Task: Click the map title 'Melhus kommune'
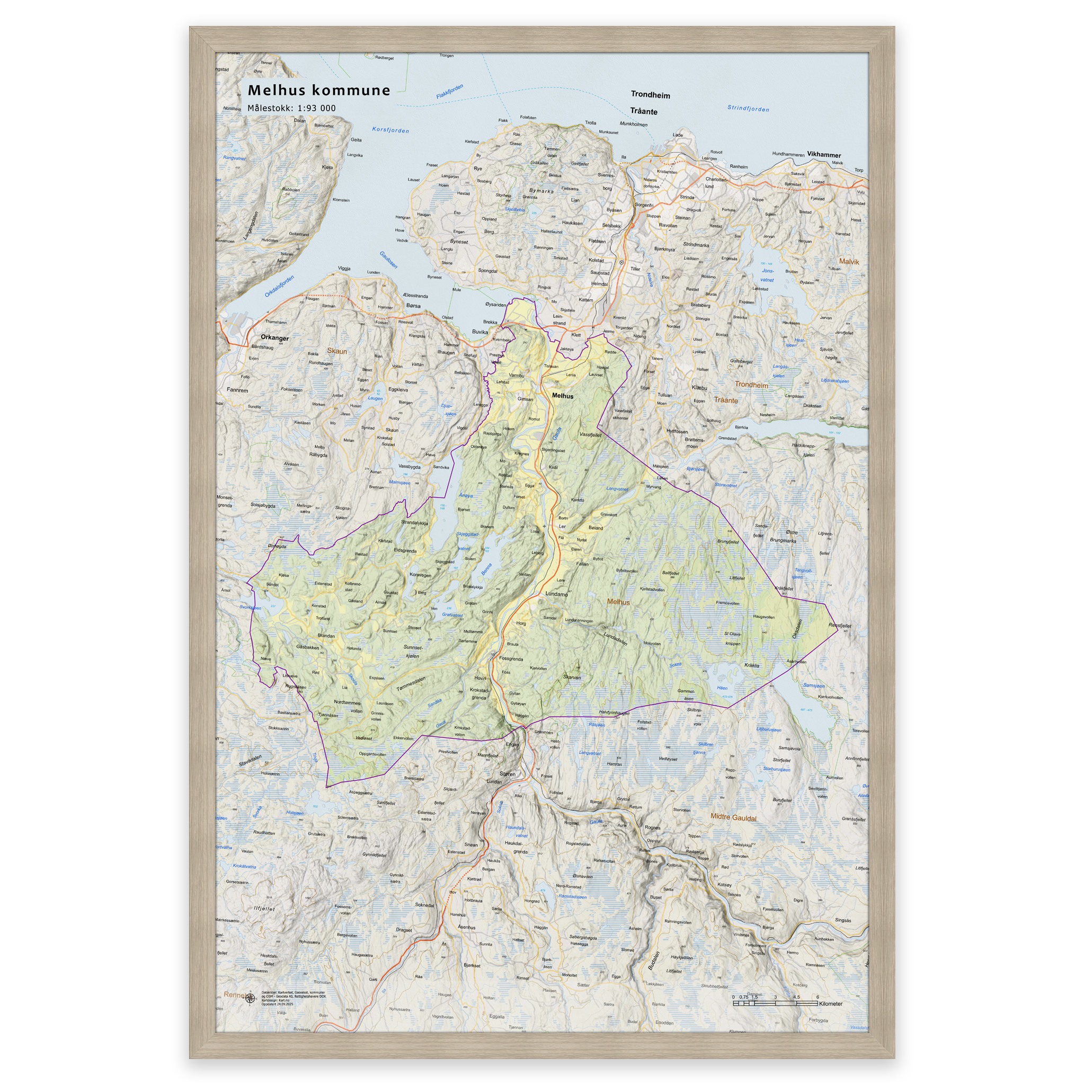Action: (318, 91)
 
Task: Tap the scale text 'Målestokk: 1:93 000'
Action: (291, 109)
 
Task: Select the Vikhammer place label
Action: (823, 155)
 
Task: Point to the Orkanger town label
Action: (274, 338)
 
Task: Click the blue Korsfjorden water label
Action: (390, 130)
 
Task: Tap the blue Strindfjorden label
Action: (748, 109)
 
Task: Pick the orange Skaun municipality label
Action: (337, 352)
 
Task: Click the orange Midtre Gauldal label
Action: (733, 817)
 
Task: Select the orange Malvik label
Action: (849, 262)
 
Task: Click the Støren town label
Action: (507, 774)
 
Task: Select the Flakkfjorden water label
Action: (449, 92)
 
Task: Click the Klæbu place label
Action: (699, 388)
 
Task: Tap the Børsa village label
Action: (413, 306)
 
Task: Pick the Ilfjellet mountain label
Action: (264, 908)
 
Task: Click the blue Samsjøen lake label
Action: (813, 686)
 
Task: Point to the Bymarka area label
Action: (541, 191)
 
